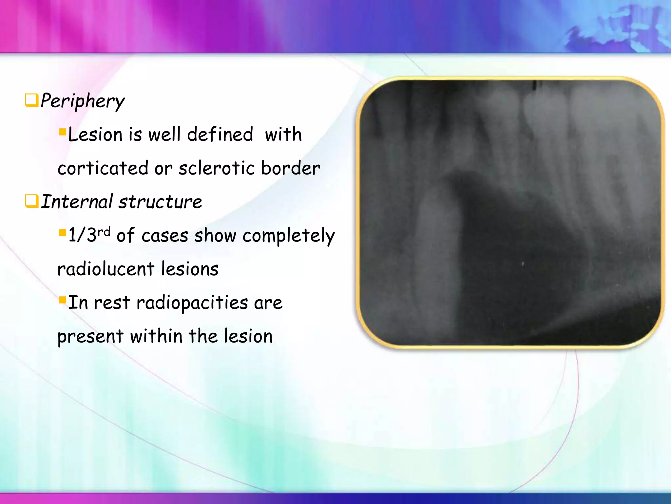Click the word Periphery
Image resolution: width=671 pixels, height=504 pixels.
[83, 101]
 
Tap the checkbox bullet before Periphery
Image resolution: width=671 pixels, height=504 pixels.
[32, 100]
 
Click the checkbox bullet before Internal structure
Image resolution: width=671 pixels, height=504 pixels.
[32, 201]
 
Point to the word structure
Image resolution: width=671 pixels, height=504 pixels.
[160, 201]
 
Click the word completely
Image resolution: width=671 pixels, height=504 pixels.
[288, 236]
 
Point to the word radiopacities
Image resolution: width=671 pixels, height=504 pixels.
[192, 303]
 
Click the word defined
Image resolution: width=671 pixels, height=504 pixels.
[220, 135]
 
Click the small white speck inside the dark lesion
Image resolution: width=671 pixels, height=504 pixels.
[523, 263]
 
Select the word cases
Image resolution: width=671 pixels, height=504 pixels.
[164, 236]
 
